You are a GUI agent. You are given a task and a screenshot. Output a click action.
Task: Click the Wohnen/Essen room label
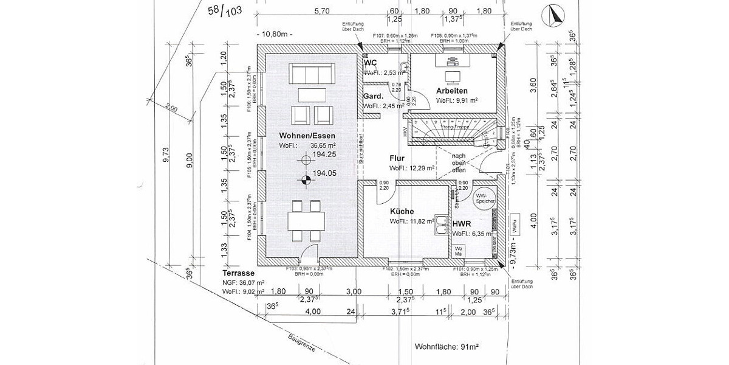pyautogui.click(x=307, y=134)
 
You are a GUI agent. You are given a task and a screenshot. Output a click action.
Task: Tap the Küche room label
pyautogui.click(x=403, y=211)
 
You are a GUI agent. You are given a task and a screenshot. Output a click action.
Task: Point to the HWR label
pyautogui.click(x=462, y=224)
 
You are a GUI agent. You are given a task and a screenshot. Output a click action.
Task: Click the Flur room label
pyautogui.click(x=397, y=158)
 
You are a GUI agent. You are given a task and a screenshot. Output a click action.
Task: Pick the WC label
pyautogui.click(x=371, y=63)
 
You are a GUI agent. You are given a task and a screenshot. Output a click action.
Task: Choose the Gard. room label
pyautogui.click(x=373, y=96)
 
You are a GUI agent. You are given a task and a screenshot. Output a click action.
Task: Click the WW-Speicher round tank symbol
pyautogui.click(x=486, y=199)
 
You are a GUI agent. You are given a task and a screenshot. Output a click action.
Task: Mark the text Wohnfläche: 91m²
pyautogui.click(x=447, y=347)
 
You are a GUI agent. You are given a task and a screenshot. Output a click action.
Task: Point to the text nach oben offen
pyautogui.click(x=459, y=163)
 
